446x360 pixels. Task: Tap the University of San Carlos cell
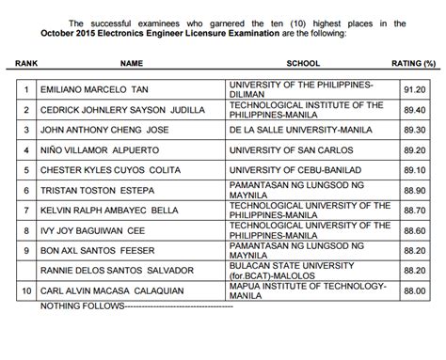tap(279, 150)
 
